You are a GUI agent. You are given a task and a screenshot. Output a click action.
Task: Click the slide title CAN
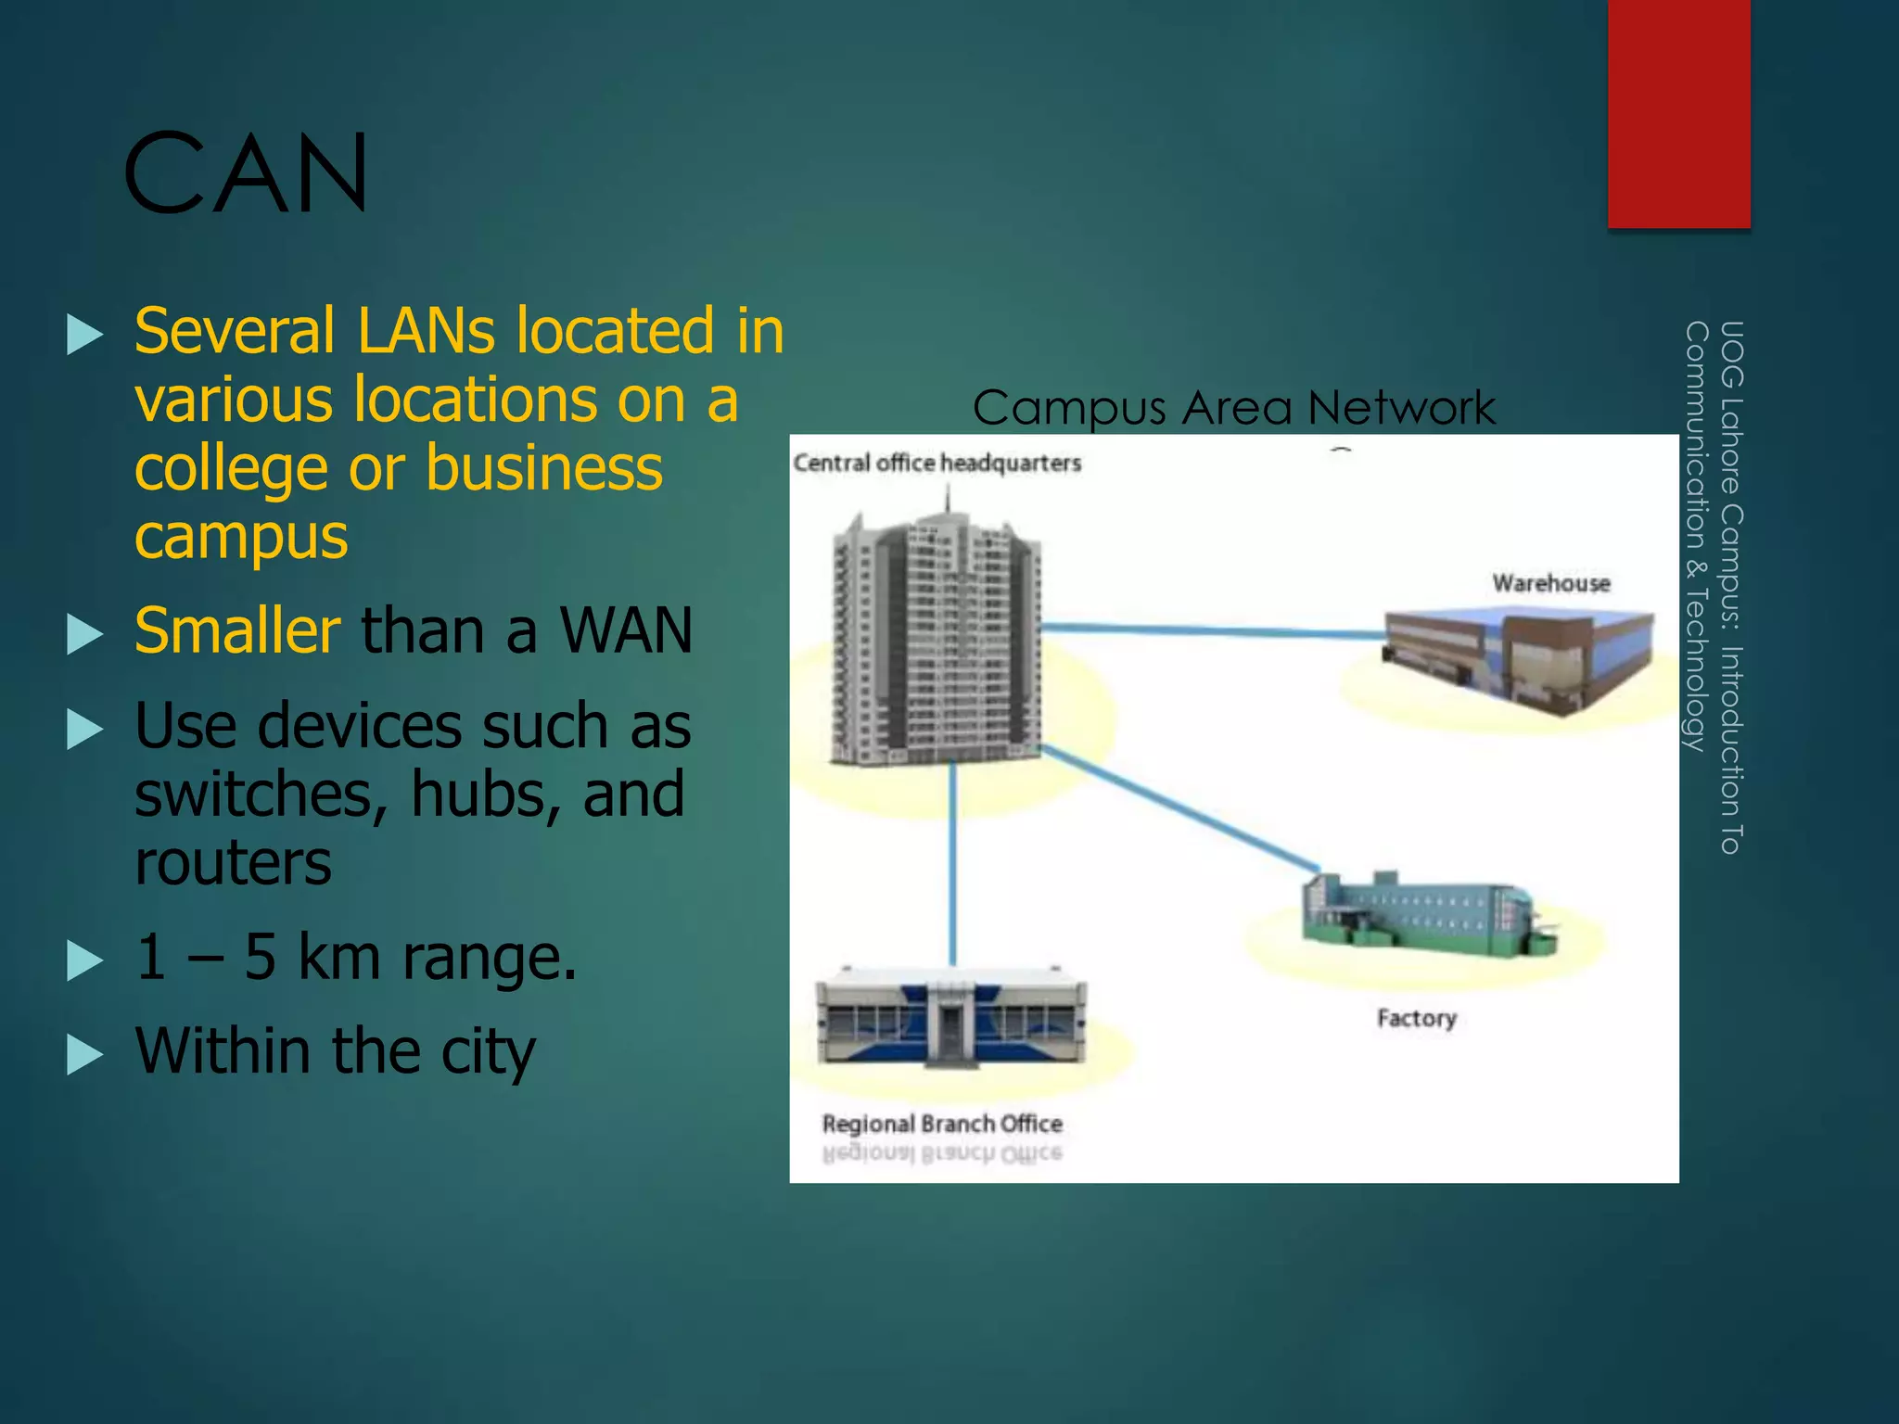(247, 173)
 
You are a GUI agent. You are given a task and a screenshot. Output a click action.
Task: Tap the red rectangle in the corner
(1678, 111)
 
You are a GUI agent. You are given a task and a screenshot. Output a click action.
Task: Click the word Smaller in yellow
(238, 630)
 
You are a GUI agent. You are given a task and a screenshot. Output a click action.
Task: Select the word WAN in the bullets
(626, 630)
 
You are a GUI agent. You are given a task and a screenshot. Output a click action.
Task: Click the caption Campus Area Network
(1234, 408)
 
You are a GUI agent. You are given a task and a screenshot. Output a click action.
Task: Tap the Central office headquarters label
(937, 463)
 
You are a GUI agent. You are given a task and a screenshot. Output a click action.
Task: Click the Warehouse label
(1551, 583)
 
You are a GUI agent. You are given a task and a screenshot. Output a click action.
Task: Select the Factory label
(1417, 1018)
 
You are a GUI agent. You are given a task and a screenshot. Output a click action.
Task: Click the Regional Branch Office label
(942, 1124)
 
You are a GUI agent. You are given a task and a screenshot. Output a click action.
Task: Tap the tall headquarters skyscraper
(937, 640)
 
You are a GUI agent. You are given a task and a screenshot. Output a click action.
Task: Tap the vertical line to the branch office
(952, 862)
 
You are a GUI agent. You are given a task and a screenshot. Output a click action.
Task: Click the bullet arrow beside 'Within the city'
(85, 1054)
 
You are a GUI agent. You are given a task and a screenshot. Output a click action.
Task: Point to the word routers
(233, 862)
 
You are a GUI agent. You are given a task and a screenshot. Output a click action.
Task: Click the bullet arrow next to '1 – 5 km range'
(85, 960)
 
